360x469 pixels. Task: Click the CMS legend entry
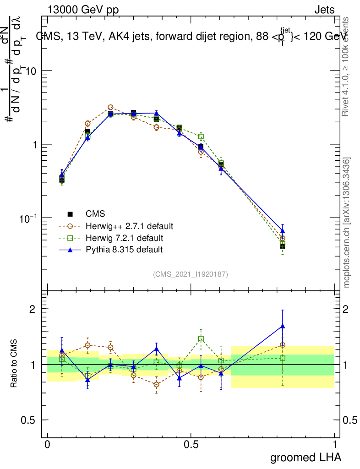coord(95,214)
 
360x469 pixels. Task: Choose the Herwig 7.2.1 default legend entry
coord(124,238)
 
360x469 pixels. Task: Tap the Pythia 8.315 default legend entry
coord(124,250)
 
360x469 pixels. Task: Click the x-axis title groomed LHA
coord(305,457)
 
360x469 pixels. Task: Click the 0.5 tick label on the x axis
coord(191,445)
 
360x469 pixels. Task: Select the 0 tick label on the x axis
coord(47,445)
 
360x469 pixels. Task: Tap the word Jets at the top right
coord(324,10)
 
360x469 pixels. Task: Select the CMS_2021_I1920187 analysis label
coord(191,274)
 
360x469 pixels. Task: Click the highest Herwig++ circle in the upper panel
coord(110,108)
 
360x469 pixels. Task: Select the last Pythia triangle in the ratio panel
coord(283,327)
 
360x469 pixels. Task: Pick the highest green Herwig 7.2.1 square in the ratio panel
coord(201,339)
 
